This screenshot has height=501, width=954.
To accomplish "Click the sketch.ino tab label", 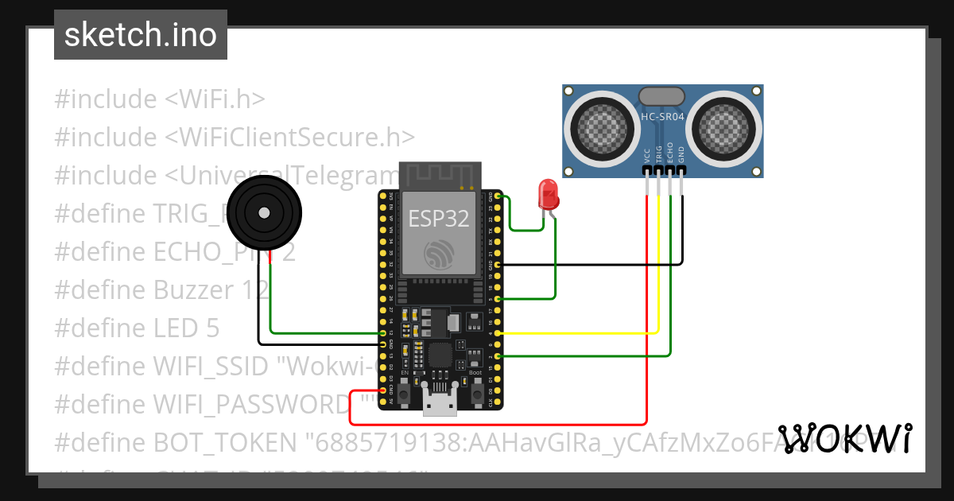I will (x=140, y=35).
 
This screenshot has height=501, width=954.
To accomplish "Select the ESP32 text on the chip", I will (x=439, y=218).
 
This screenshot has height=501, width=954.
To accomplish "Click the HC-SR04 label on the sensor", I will (x=662, y=117).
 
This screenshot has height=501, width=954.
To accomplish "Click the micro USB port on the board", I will (x=440, y=406).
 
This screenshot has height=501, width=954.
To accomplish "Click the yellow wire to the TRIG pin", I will (x=658, y=262).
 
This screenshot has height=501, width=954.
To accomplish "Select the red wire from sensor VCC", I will (x=647, y=318).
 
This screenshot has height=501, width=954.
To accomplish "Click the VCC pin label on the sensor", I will (x=647, y=154).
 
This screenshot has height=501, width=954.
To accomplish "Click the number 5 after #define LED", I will (x=211, y=328).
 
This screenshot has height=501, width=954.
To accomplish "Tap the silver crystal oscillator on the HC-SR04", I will (x=661, y=95).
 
